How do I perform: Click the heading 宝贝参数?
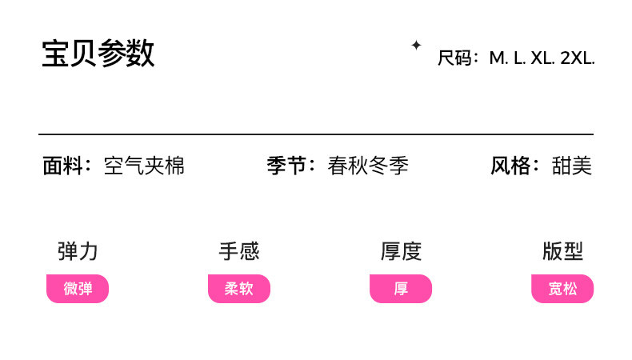(x=98, y=54)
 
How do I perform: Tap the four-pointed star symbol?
(x=416, y=46)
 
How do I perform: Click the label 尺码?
(x=455, y=58)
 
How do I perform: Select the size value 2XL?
(x=578, y=58)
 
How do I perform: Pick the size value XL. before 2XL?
(x=544, y=58)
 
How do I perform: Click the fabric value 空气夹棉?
(x=144, y=166)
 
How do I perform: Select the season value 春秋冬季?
(x=368, y=166)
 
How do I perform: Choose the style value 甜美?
(x=572, y=166)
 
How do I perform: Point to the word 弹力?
(x=78, y=251)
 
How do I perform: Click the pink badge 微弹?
(x=78, y=289)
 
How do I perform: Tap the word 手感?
(x=239, y=251)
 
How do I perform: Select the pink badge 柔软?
(x=239, y=289)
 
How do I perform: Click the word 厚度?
(x=401, y=251)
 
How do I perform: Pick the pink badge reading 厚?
(x=401, y=289)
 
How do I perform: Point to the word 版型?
(x=562, y=251)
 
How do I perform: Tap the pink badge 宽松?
(x=562, y=289)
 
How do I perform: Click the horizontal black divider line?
(x=316, y=134)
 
